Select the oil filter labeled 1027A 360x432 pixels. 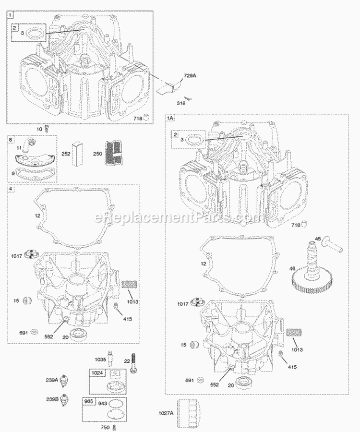click(188, 413)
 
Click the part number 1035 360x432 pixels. click(99, 359)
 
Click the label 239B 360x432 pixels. click(65, 398)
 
